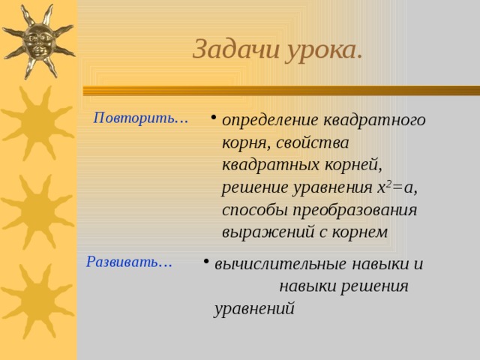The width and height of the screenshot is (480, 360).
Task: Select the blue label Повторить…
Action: click(140, 118)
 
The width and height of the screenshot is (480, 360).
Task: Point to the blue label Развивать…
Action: click(130, 262)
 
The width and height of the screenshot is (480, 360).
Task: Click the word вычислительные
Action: click(280, 264)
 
